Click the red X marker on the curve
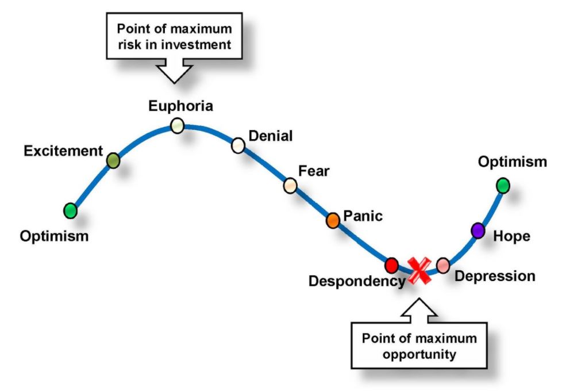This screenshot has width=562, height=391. [x=419, y=270]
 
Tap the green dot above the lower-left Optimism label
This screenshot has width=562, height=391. [x=70, y=210]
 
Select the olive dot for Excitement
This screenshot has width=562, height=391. [x=113, y=160]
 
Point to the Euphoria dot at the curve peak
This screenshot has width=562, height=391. [x=178, y=125]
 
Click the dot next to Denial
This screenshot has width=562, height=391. [x=238, y=145]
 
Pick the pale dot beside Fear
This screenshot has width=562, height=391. [x=290, y=185]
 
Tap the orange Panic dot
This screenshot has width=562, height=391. [x=333, y=220]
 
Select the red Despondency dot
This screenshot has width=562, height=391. [x=391, y=265]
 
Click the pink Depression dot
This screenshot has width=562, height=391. [x=442, y=265]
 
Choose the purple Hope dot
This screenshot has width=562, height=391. [x=478, y=231]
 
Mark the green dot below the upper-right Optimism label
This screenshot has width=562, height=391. [x=503, y=185]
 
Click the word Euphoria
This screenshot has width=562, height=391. [x=180, y=106]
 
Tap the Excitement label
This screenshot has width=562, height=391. [x=63, y=151]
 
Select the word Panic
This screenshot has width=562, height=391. [x=363, y=217]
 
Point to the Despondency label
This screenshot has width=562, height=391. [x=356, y=281]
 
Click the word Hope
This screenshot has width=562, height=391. [x=511, y=236]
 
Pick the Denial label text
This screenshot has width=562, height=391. [x=270, y=136]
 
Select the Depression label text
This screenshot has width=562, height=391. [x=495, y=276]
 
